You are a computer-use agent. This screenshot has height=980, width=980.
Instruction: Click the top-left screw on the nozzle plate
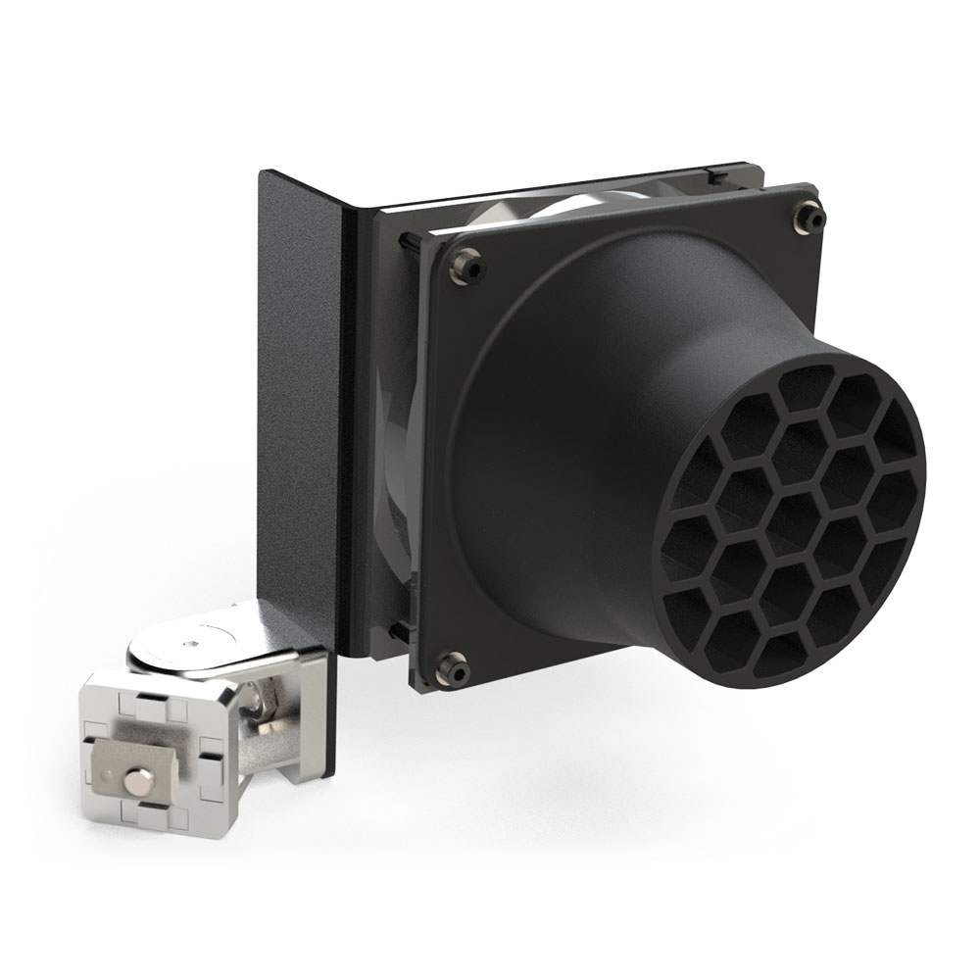pyautogui.click(x=465, y=264)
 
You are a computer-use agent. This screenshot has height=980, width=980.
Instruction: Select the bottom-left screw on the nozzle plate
pyautogui.click(x=454, y=667)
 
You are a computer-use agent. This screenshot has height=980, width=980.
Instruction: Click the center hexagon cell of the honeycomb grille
pyautogui.click(x=792, y=520)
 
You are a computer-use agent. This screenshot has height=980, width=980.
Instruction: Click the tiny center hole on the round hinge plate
pyautogui.click(x=191, y=644)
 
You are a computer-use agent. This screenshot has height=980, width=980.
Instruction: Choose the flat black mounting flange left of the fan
pyautogui.click(x=298, y=392)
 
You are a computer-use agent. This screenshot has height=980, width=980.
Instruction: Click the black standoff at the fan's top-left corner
pyautogui.click(x=403, y=237)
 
